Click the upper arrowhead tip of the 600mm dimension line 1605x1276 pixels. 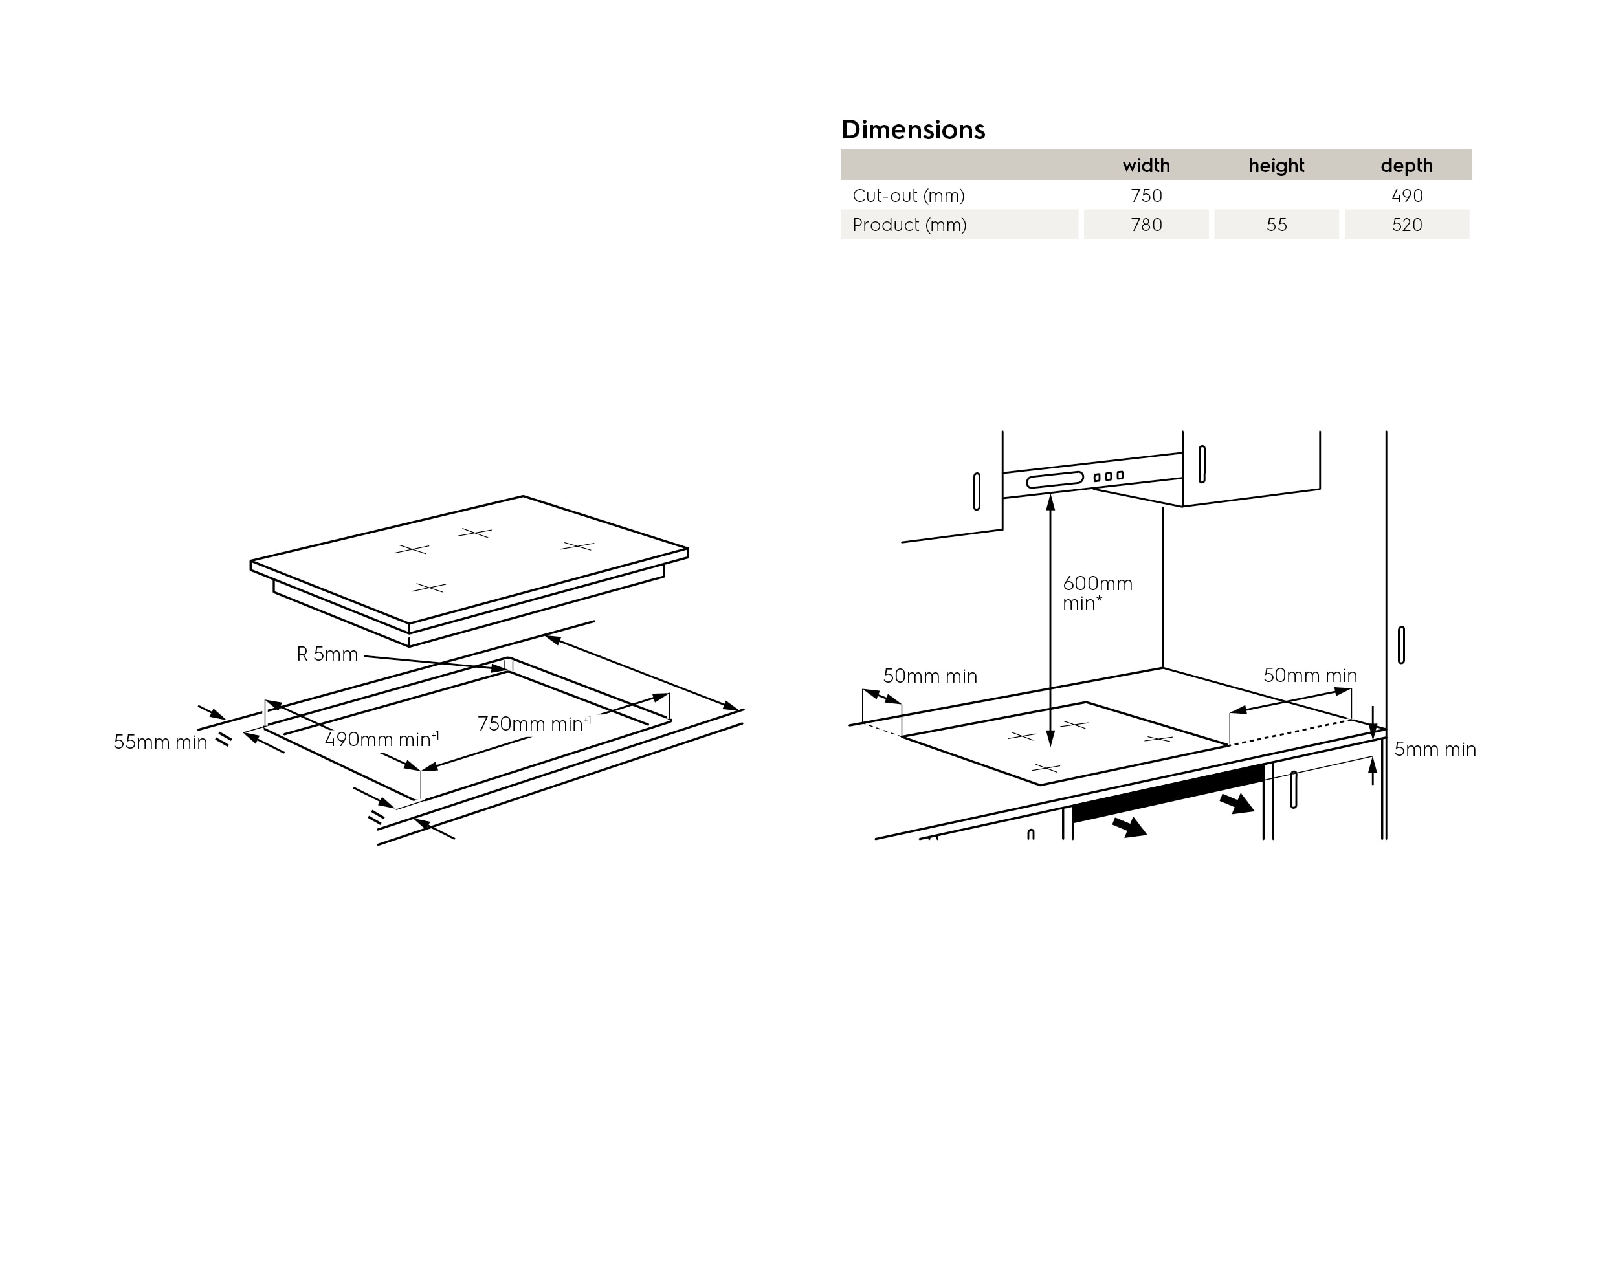pyautogui.click(x=1050, y=494)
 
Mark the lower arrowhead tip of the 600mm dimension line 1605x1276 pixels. pyautogui.click(x=1050, y=747)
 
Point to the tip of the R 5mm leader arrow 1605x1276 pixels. pyautogui.click(x=507, y=670)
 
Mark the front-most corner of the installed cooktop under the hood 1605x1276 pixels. pyautogui.click(x=1040, y=785)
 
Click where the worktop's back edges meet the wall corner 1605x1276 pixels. pyautogui.click(x=1162, y=668)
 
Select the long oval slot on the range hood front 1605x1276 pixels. pyautogui.click(x=1055, y=479)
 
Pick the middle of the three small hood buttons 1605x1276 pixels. pyautogui.click(x=1109, y=476)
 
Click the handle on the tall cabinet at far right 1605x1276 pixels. pyautogui.click(x=1401, y=644)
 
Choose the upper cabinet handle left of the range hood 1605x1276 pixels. pyautogui.click(x=977, y=491)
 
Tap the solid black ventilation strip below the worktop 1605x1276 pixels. pyautogui.click(x=1168, y=792)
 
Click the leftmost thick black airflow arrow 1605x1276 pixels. pyautogui.click(x=1129, y=826)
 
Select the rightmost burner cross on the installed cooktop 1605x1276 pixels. pyautogui.click(x=1158, y=738)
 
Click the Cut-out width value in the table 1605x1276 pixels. pyautogui.click(x=1146, y=196)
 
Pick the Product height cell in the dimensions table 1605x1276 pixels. pyautogui.click(x=1277, y=225)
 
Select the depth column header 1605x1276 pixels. pyautogui.click(x=1406, y=165)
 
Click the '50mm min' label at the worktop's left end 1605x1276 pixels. pyautogui.click(x=930, y=676)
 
